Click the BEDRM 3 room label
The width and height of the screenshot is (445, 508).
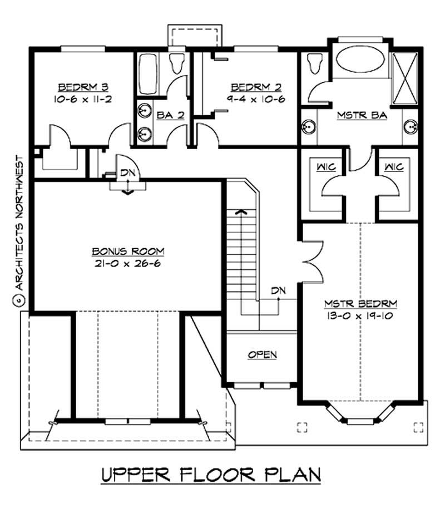pos(83,87)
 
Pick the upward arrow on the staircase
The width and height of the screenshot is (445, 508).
pos(241,212)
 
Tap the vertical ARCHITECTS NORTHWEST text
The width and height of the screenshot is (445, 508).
pos(19,223)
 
